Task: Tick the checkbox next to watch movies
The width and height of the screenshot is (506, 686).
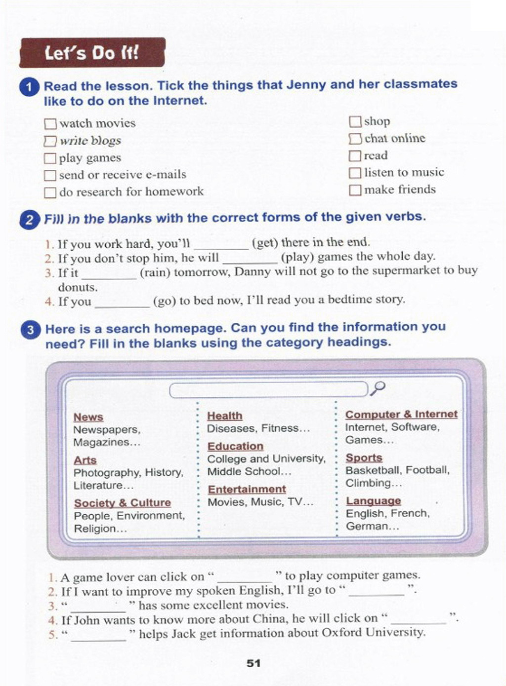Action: click(x=50, y=123)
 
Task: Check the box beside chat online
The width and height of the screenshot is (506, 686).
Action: click(x=355, y=139)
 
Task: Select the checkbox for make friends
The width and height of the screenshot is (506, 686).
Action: click(x=355, y=190)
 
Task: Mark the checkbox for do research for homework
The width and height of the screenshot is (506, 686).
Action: click(x=50, y=192)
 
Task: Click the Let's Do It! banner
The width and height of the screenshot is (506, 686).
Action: click(x=92, y=52)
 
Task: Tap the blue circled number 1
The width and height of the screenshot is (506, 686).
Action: click(x=29, y=87)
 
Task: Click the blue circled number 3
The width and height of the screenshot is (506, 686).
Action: click(x=30, y=329)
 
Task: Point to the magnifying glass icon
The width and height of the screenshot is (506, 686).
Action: click(x=378, y=388)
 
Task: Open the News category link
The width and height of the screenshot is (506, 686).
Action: click(x=88, y=417)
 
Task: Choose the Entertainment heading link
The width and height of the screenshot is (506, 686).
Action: click(x=247, y=489)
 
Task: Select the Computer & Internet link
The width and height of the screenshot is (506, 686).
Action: click(x=401, y=414)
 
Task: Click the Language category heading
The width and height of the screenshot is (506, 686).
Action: click(x=373, y=500)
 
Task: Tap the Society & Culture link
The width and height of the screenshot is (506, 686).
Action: click(x=122, y=502)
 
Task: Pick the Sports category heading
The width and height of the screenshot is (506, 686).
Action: click(x=364, y=457)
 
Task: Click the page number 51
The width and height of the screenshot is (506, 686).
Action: click(x=253, y=663)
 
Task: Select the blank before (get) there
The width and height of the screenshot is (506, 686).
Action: click(x=221, y=244)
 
